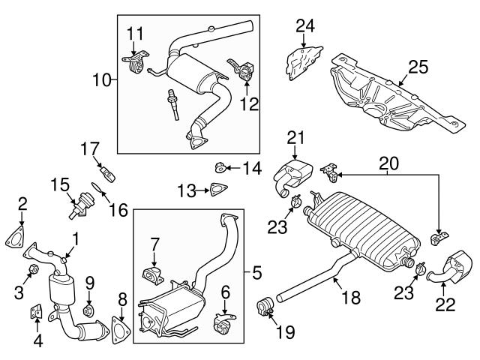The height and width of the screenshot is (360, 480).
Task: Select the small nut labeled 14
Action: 221,165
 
